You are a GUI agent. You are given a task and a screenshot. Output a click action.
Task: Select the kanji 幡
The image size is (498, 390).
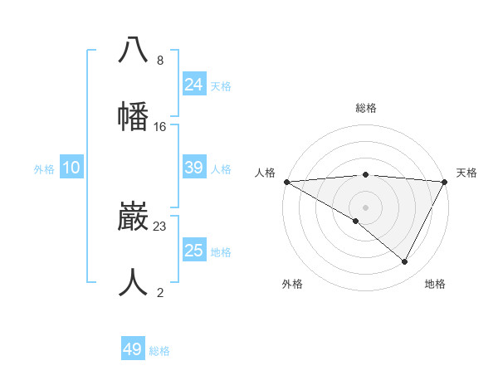coord(133,115)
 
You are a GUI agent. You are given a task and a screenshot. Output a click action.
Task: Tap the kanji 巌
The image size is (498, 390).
coord(133,218)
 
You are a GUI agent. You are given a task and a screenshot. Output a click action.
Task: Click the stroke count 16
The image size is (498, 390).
coord(160,127)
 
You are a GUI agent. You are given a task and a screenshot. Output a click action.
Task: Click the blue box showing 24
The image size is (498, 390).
coord(194,85)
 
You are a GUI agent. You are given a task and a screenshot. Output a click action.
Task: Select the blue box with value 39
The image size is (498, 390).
coord(194,168)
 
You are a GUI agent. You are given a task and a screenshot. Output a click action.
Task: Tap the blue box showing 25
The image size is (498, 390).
coord(194,251)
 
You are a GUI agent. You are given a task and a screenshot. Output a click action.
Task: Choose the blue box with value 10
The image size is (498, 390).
coord(71,168)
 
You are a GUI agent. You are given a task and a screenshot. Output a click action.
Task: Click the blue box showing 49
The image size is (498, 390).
coord(133,349)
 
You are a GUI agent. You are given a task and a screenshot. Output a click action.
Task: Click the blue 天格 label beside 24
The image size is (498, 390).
coord(221,86)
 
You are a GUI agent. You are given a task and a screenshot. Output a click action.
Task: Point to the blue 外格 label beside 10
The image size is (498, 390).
coord(44,169)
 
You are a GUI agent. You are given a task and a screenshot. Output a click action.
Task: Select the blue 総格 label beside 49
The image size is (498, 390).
coord(159,351)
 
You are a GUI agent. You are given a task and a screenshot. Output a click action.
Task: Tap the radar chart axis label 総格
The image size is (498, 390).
coord(365,109)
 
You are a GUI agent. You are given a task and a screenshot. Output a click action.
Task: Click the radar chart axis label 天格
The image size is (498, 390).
coord(466,173)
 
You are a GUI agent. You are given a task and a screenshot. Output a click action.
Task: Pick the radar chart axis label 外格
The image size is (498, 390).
coord(292,284)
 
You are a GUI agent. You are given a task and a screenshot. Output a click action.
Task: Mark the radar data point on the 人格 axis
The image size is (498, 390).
coord(286,182)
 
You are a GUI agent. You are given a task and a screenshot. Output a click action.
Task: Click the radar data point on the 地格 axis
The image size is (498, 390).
coord(405,262)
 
